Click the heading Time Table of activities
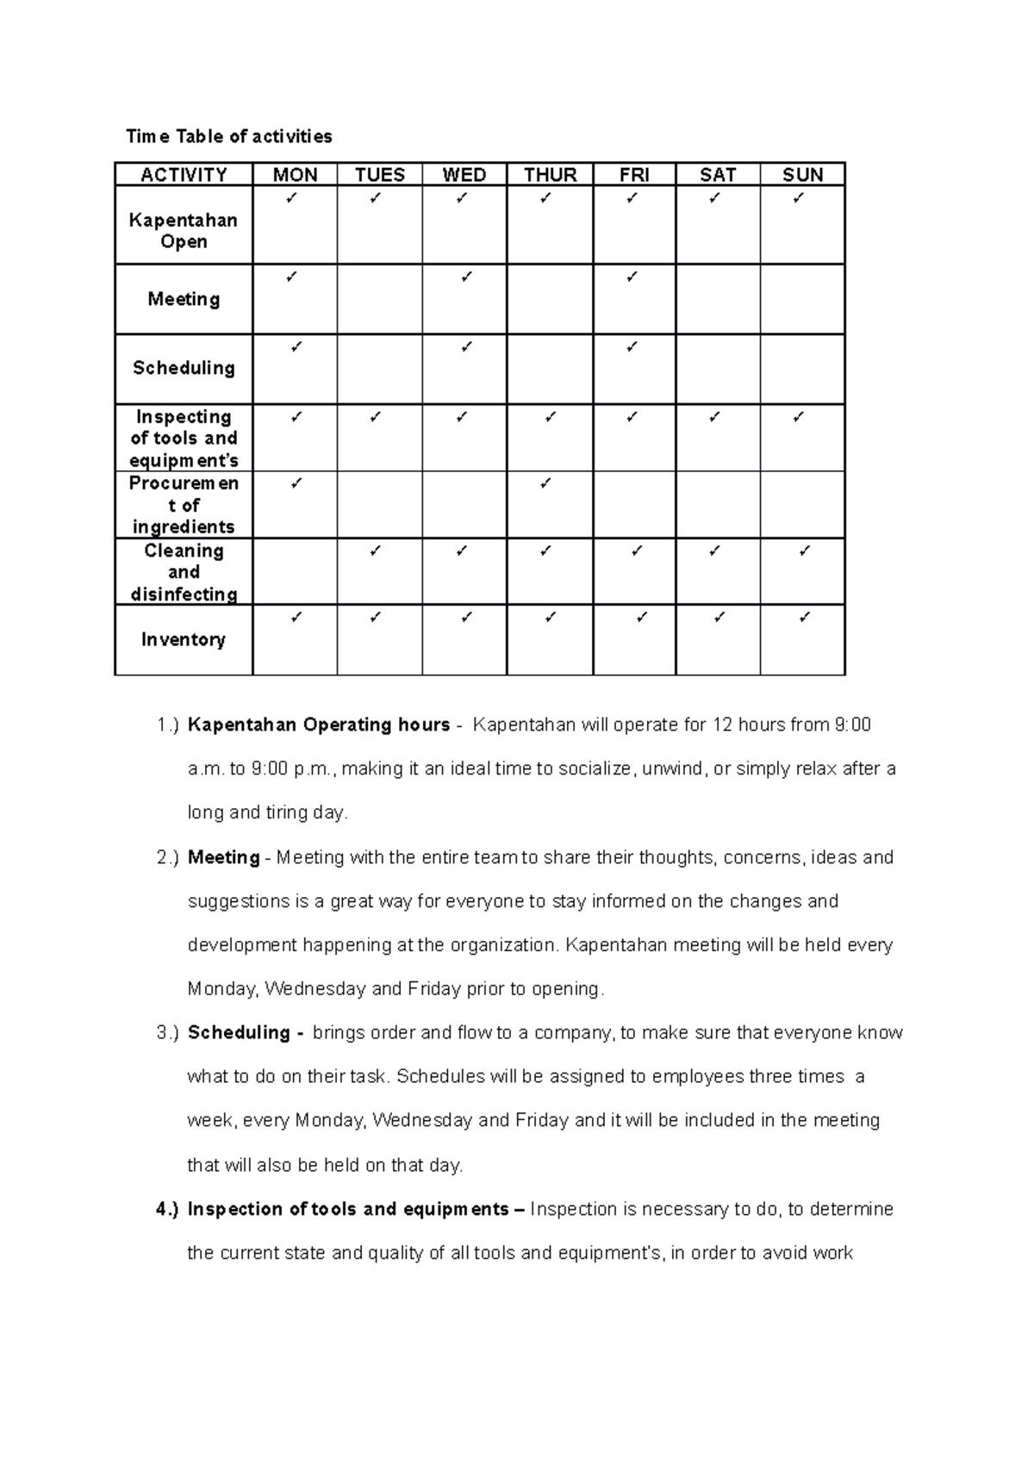[228, 136]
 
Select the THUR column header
[550, 175]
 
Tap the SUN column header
[802, 175]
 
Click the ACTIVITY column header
[184, 175]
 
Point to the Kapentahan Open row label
[184, 231]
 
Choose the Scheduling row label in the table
[184, 368]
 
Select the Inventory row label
[184, 639]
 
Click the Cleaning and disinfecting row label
[184, 572]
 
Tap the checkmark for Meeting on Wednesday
[466, 277]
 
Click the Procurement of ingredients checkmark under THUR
[545, 484]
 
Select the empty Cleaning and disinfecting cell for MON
[295, 572]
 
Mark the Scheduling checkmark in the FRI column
[632, 347]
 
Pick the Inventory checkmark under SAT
[719, 617]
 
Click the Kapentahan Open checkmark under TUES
[375, 199]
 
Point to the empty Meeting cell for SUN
[802, 299]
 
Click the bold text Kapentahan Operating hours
[319, 725]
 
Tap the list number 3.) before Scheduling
[168, 1032]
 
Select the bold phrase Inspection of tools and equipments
[348, 1209]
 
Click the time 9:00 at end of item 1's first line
[852, 725]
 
